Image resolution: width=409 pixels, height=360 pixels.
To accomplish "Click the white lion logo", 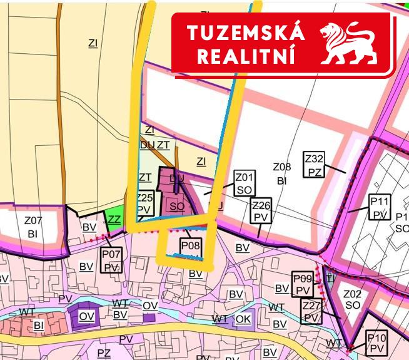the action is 348,44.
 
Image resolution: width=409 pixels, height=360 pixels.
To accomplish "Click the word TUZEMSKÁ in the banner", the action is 246,33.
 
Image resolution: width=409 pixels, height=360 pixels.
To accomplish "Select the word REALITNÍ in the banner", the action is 246,56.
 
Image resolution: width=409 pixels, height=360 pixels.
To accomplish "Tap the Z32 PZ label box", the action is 315,164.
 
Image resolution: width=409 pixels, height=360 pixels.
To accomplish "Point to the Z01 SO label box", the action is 244,182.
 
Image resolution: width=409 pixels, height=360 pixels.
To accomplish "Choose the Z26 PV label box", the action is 261,210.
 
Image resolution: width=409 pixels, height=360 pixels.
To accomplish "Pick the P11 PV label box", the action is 380,208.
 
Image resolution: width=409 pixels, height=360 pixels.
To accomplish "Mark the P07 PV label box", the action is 111,260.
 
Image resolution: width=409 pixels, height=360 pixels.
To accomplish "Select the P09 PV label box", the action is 303,284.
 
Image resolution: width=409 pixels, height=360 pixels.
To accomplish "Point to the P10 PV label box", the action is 376,342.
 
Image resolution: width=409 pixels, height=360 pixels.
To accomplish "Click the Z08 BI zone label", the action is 282,173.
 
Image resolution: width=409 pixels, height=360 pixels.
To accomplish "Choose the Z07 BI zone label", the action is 33,227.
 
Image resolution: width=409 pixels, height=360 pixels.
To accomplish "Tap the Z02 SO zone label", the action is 352,299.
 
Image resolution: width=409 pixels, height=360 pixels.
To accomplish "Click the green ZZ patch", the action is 114,219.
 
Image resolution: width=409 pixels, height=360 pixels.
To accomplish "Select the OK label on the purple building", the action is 243,319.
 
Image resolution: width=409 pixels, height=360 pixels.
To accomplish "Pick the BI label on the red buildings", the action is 39,325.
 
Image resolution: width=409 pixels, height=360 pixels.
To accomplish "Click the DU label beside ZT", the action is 148,145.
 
